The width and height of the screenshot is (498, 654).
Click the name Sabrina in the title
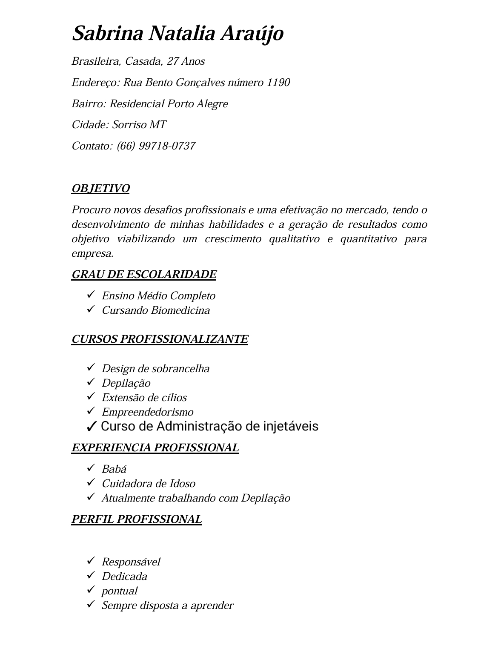tap(107, 34)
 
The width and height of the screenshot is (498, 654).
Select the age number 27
tap(172, 61)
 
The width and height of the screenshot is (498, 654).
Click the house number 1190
tap(278, 82)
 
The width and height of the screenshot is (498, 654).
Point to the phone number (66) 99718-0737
tap(156, 146)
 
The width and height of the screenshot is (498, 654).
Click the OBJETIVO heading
tap(100, 189)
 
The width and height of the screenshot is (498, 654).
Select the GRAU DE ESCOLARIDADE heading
tap(144, 275)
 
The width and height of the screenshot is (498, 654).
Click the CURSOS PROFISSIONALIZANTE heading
tap(160, 339)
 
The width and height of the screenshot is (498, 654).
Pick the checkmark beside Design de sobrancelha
tap(91, 367)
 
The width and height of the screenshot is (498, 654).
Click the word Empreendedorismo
tap(147, 412)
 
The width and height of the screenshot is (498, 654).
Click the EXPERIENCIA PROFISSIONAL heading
tap(155, 448)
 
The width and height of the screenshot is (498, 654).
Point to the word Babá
tap(114, 469)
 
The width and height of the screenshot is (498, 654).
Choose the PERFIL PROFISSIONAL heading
tap(137, 519)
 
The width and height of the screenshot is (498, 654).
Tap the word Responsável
tap(131, 562)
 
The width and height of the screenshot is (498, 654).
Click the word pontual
tap(119, 591)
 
